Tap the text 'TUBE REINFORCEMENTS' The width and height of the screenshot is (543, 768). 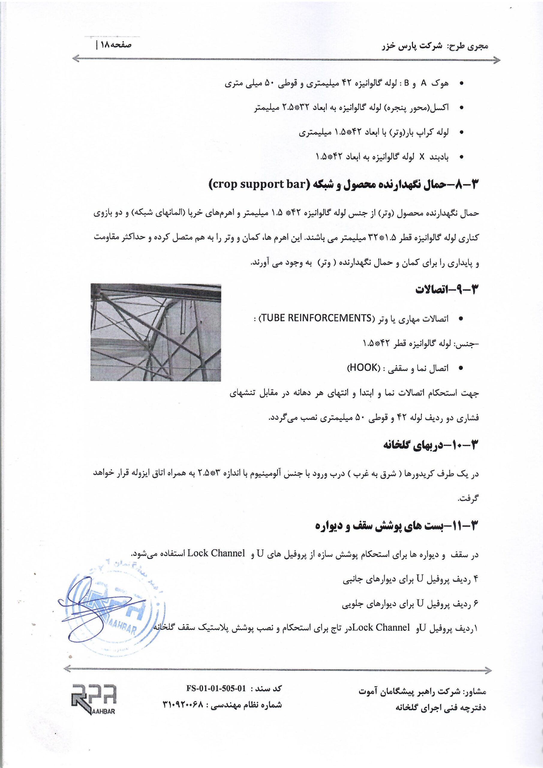[x=315, y=318]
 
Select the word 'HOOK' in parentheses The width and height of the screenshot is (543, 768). [x=362, y=368]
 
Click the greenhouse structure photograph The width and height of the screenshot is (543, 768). [x=156, y=332]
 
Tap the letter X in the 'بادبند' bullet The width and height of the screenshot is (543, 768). [x=422, y=157]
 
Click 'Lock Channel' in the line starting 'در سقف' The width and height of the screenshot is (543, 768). [x=216, y=553]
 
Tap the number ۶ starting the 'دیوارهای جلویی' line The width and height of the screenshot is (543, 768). [x=476, y=604]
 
